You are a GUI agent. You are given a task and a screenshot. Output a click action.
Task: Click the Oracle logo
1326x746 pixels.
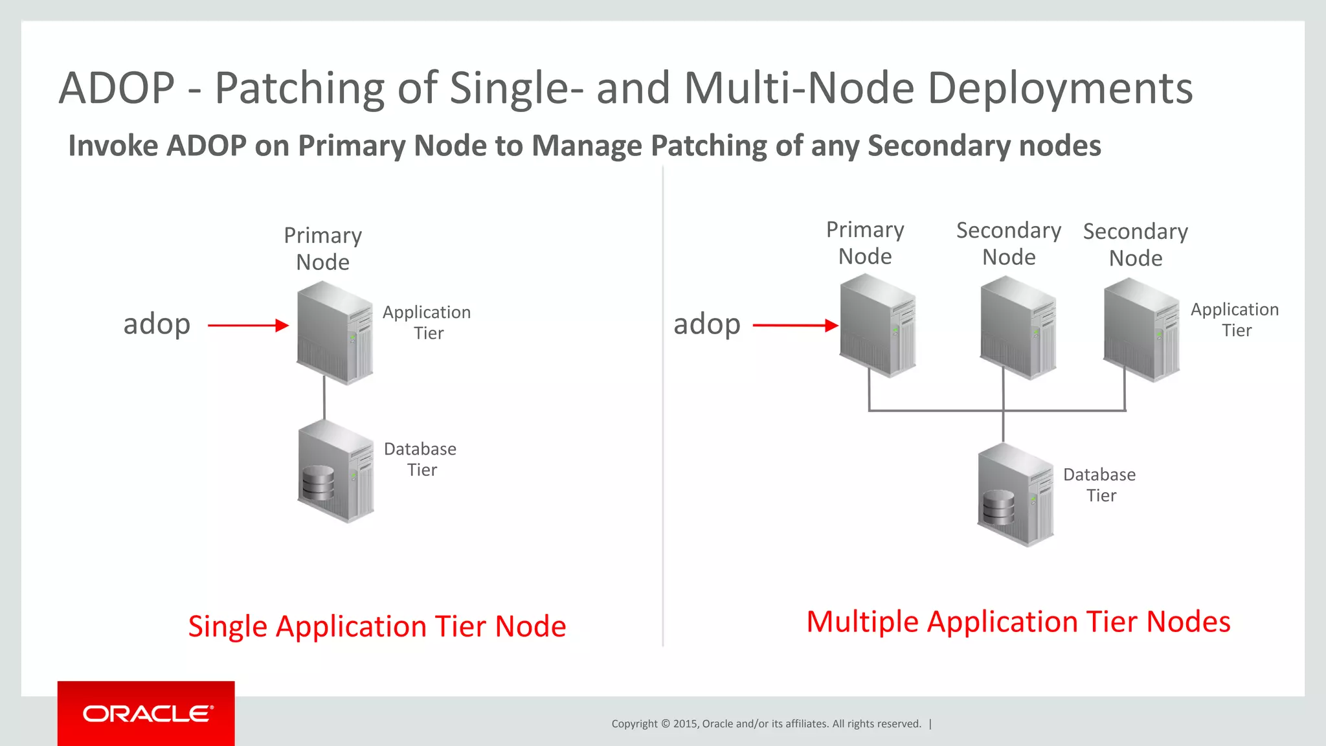[x=147, y=714]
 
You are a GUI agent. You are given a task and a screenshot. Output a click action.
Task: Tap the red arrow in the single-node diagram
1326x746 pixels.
[x=248, y=325]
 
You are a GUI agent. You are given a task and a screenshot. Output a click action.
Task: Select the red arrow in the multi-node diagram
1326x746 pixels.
[x=795, y=325]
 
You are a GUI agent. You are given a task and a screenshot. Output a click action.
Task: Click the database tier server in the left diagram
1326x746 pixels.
[x=335, y=471]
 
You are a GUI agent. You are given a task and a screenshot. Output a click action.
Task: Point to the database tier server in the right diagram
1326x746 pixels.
[x=1015, y=495]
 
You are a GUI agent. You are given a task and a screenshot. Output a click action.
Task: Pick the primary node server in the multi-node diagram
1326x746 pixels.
[x=877, y=325]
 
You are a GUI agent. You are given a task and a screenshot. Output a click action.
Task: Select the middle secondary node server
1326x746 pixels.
[x=1018, y=328]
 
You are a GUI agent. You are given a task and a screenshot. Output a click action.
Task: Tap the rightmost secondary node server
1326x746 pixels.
[x=1141, y=329]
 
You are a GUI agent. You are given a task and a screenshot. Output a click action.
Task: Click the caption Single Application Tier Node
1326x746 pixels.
[x=377, y=626]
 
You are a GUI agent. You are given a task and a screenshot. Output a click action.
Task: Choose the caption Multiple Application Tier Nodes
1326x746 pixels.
[x=1018, y=622]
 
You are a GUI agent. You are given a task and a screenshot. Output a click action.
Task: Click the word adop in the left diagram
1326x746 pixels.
[x=157, y=324]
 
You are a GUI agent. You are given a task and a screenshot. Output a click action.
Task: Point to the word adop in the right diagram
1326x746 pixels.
[x=706, y=324]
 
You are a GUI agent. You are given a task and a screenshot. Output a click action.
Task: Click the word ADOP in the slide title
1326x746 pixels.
[x=117, y=88]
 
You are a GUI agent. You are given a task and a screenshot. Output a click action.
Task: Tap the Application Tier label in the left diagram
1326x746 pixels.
[x=427, y=322]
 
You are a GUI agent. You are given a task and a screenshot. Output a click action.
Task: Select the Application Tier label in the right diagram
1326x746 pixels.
[x=1235, y=320]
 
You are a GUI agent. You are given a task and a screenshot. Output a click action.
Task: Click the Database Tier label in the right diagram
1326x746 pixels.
[x=1099, y=485]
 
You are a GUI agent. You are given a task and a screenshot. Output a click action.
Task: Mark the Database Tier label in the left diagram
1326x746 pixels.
[x=420, y=459]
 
